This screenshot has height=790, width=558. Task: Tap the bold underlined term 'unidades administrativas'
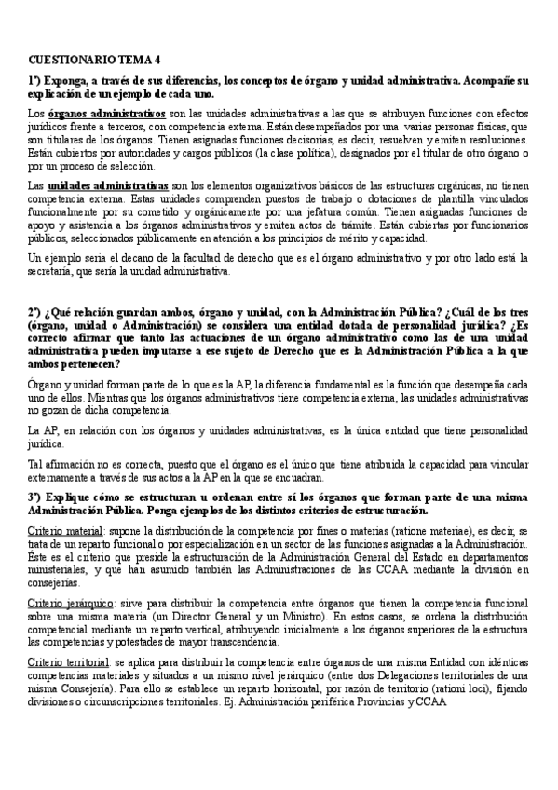click(x=108, y=186)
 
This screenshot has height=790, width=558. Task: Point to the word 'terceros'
click(x=112, y=126)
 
